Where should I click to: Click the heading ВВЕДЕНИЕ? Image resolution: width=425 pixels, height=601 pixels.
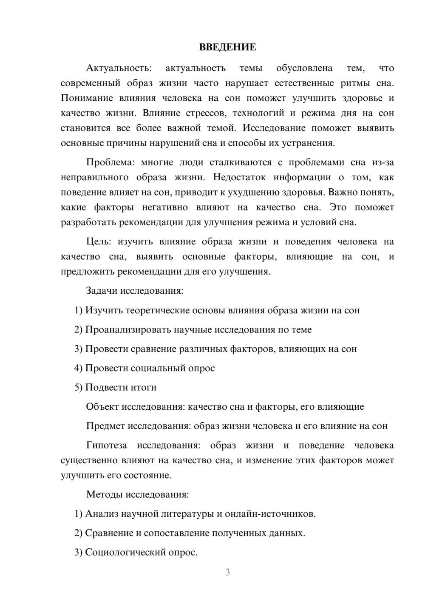click(x=227, y=48)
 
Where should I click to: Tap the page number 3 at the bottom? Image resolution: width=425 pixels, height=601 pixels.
click(x=227, y=572)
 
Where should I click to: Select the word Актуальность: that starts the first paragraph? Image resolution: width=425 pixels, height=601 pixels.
click(x=119, y=68)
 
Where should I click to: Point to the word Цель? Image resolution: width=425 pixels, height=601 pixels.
click(x=99, y=241)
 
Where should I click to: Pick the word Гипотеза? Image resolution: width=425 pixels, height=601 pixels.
click(x=106, y=445)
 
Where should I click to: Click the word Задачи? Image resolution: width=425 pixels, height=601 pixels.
click(x=102, y=291)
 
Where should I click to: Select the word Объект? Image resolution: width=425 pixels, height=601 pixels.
click(x=102, y=407)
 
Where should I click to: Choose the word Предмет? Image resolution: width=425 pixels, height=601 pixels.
click(x=105, y=426)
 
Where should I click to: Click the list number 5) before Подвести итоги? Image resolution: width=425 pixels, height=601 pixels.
click(x=78, y=388)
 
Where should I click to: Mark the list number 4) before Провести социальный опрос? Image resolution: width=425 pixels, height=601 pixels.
click(x=78, y=368)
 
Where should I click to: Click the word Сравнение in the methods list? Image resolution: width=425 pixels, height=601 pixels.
click(x=109, y=533)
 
